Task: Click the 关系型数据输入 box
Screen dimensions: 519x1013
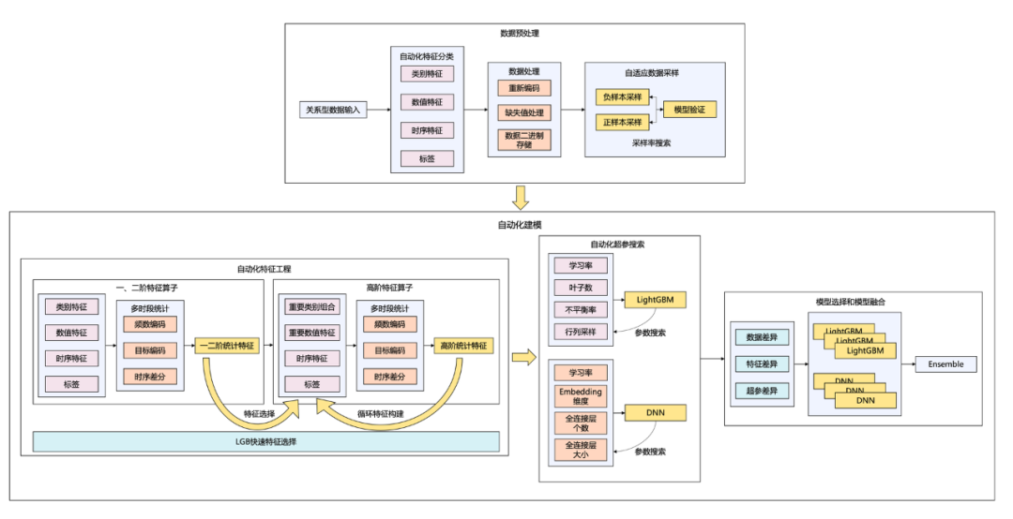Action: pos(333,110)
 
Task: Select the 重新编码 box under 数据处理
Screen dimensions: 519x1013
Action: pos(524,88)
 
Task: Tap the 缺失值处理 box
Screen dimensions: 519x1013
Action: pos(524,112)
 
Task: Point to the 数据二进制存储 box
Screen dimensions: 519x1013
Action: pos(524,140)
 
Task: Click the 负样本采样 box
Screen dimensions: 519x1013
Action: pos(623,96)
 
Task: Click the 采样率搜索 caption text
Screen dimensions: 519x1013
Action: pos(652,143)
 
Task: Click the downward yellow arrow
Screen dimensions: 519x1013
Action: pos(521,198)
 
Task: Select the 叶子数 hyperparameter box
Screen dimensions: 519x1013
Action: pos(581,287)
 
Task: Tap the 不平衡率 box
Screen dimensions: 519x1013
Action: pos(581,309)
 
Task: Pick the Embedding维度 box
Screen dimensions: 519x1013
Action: pos(581,396)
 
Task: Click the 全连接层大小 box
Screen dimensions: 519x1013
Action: pos(581,450)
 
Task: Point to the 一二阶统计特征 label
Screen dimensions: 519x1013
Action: pos(227,346)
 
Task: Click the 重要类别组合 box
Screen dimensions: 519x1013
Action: pos(311,307)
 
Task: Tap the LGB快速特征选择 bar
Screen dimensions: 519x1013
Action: pos(266,441)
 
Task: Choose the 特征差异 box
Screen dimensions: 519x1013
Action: pos(761,363)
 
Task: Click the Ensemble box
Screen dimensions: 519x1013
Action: pos(945,364)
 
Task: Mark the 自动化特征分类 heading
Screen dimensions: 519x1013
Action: pos(427,56)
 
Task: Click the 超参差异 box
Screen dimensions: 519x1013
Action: pos(761,390)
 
